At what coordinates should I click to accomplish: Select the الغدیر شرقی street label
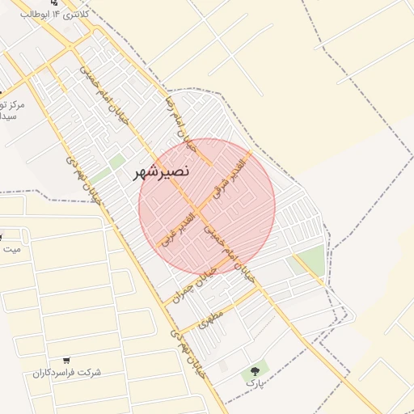[x=231, y=174]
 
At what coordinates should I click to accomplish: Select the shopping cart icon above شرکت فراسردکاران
[x=65, y=360]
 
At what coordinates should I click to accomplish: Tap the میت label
[x=11, y=248]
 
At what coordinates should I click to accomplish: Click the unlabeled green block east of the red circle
[x=310, y=260]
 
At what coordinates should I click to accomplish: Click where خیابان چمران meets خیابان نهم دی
[x=167, y=303]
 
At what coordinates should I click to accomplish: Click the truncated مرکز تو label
[x=11, y=105]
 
